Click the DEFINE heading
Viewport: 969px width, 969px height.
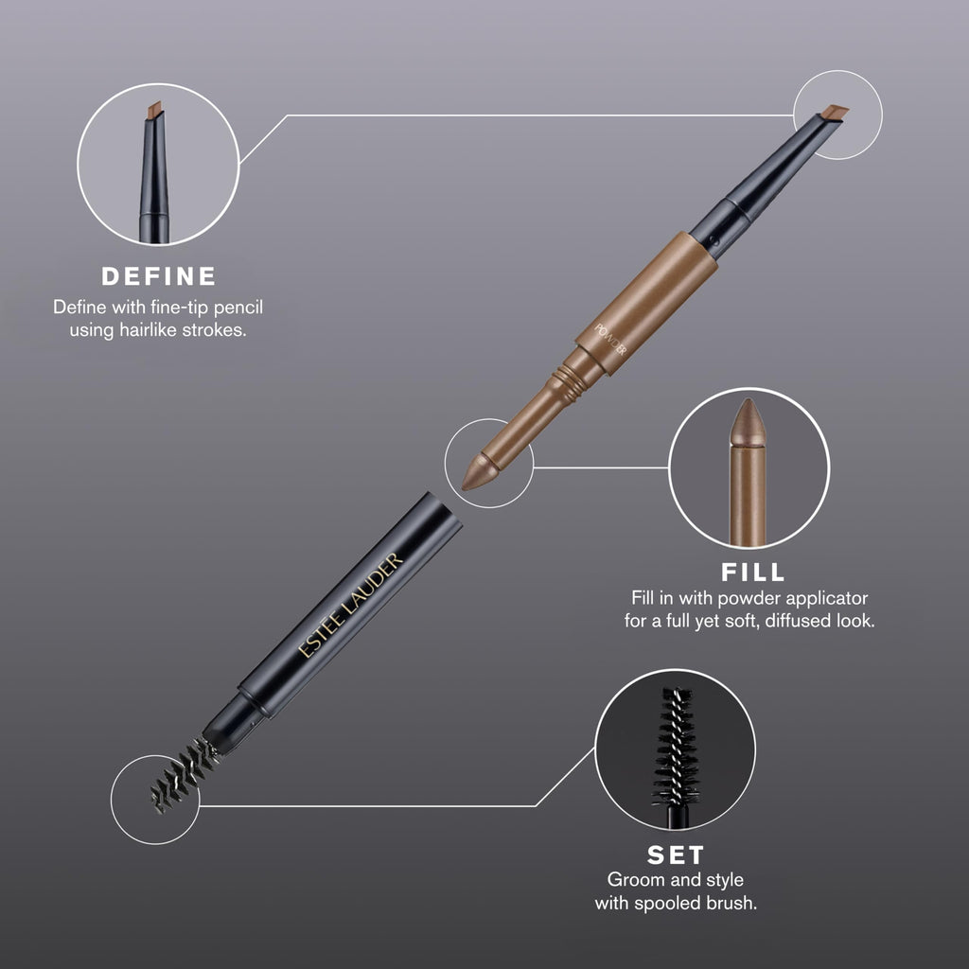tap(159, 276)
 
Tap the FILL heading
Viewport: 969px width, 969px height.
tap(752, 573)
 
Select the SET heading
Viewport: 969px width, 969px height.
tap(676, 855)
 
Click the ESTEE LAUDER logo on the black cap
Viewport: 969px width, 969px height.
tap(350, 605)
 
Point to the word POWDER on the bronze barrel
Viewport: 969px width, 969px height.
tap(610, 340)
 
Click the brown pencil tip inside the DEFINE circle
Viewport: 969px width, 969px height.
tap(154, 111)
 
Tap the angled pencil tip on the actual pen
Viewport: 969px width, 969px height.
tap(835, 114)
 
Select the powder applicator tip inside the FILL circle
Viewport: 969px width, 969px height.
tap(748, 423)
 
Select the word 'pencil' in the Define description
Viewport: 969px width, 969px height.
tap(238, 308)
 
